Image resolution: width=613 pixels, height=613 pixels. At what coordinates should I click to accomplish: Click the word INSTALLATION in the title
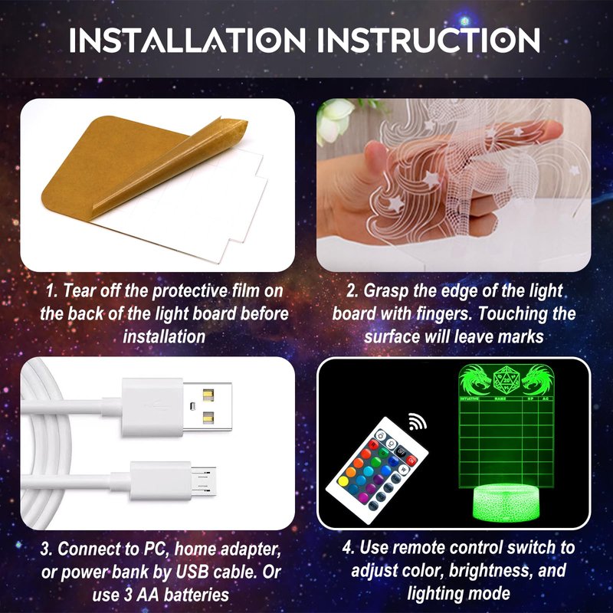tap(187, 40)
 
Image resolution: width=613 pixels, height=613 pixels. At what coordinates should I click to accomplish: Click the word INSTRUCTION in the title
tap(429, 40)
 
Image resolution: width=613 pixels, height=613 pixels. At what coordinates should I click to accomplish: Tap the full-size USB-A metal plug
tap(207, 407)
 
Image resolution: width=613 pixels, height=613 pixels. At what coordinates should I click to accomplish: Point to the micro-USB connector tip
tap(204, 482)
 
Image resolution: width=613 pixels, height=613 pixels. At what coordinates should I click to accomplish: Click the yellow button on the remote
tap(343, 481)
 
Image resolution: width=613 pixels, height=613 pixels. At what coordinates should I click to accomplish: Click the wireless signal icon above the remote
tap(417, 421)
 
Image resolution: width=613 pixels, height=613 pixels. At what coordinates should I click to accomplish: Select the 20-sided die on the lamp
tap(506, 380)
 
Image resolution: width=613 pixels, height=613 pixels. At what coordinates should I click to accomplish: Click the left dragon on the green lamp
tap(475, 380)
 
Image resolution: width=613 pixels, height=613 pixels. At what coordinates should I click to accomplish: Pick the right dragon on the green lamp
tap(536, 380)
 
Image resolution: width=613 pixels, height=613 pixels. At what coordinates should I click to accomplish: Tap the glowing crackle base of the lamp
tap(506, 503)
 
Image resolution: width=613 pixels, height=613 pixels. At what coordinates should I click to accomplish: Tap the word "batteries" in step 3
tap(196, 595)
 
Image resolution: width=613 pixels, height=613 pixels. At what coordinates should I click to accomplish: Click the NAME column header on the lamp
tap(500, 398)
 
